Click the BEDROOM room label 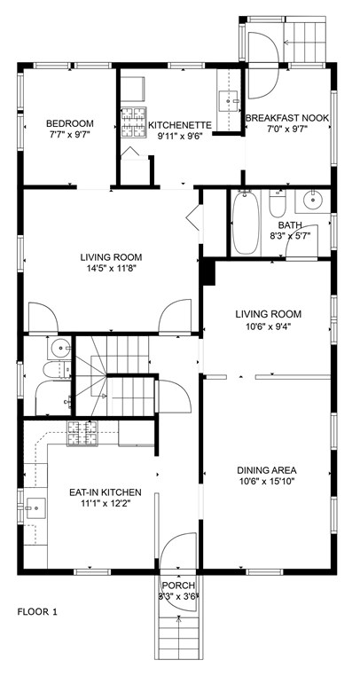pyautogui.click(x=70, y=123)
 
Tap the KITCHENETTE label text pyautogui.click(x=180, y=125)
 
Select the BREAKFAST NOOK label pyautogui.click(x=287, y=118)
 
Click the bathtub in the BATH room pyautogui.click(x=246, y=223)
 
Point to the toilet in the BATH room pyautogui.click(x=278, y=203)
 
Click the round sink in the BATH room pyautogui.click(x=313, y=200)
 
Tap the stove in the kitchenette pyautogui.click(x=134, y=122)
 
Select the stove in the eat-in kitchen pyautogui.click(x=82, y=433)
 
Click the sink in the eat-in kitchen pyautogui.click(x=35, y=507)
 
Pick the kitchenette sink pyautogui.click(x=229, y=101)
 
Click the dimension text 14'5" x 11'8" pyautogui.click(x=111, y=268)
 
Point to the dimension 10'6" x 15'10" pyautogui.click(x=266, y=481)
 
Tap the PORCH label pyautogui.click(x=178, y=585)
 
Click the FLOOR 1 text pyautogui.click(x=37, y=611)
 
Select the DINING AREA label pyautogui.click(x=266, y=470)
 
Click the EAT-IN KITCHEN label pyautogui.click(x=106, y=491)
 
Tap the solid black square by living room pyautogui.click(x=208, y=271)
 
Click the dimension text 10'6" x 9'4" pyautogui.click(x=268, y=326)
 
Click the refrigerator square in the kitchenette pyautogui.click(x=133, y=89)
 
